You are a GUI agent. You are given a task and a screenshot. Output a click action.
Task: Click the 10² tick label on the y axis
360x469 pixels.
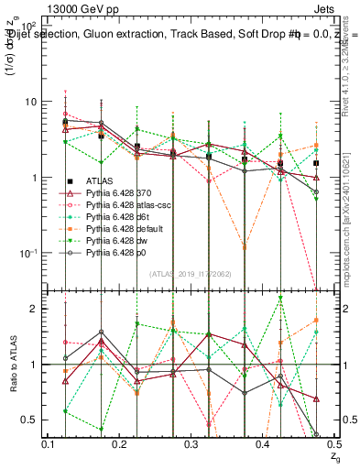tap(29, 24)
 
